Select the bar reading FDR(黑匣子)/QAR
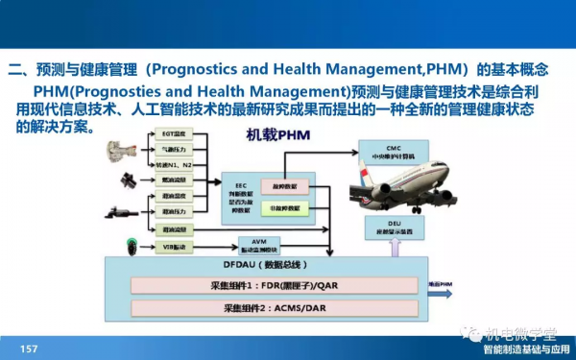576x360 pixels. point(274,285)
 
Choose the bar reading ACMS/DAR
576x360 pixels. point(274,309)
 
